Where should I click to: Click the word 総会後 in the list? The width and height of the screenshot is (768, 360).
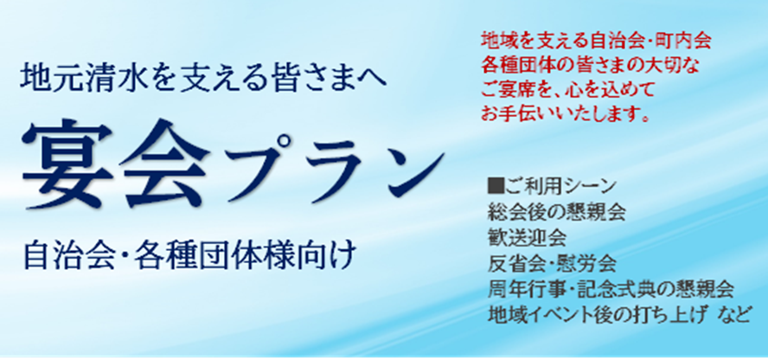tap(514, 213)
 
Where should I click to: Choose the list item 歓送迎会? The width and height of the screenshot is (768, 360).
tap(527, 239)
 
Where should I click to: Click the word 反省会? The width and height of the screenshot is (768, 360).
tap(514, 265)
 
